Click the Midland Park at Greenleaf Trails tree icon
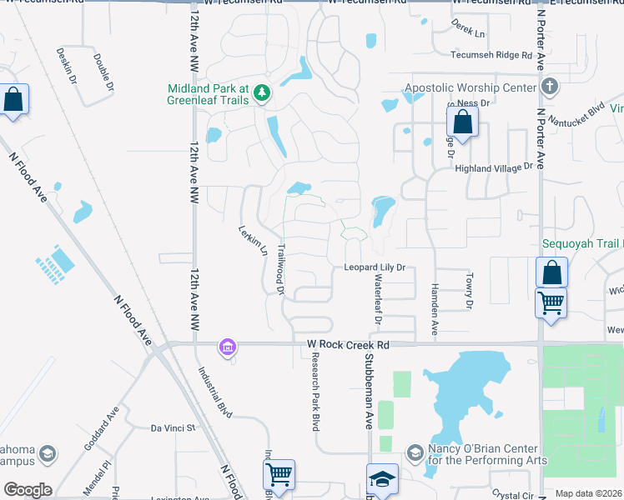click(x=263, y=92)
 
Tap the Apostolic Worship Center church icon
click(x=550, y=87)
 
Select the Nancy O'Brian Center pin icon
click(x=415, y=453)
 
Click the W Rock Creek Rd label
click(x=348, y=344)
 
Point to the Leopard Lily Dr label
click(x=375, y=267)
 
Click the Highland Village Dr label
click(x=493, y=167)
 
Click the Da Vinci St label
click(x=172, y=428)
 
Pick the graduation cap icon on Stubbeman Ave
click(x=382, y=479)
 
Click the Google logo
click(x=28, y=490)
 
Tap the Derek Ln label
click(x=468, y=32)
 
